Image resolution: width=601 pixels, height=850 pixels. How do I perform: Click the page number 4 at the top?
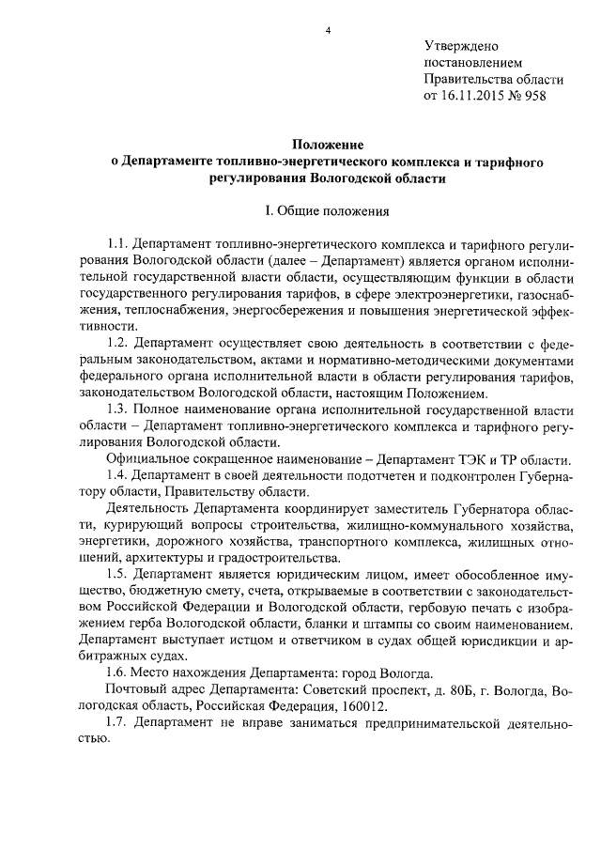(328, 31)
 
